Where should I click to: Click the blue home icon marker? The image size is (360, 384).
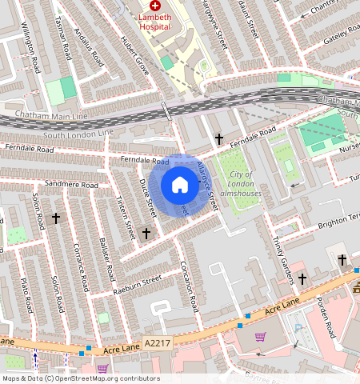180,186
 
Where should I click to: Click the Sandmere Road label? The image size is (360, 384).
73,185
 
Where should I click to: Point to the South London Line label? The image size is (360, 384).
74,135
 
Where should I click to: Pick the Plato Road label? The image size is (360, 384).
25,296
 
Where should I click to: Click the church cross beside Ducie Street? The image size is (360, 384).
146,234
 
